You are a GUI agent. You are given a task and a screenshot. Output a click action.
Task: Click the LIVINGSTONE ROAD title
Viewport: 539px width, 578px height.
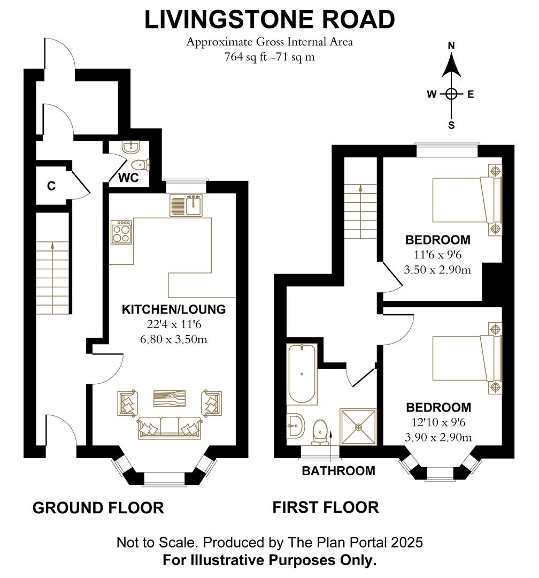pyautogui.click(x=269, y=20)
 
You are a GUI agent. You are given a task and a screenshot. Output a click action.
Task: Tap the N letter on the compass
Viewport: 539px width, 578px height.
pyautogui.click(x=451, y=47)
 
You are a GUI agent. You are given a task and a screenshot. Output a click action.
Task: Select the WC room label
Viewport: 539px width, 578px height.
pyautogui.click(x=129, y=178)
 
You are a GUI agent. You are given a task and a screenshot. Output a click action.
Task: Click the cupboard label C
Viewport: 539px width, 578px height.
pyautogui.click(x=51, y=186)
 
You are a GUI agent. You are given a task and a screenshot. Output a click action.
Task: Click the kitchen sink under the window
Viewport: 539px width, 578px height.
pyautogui.click(x=186, y=206)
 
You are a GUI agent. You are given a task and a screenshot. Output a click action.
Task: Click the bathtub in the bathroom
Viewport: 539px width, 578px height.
pyautogui.click(x=302, y=375)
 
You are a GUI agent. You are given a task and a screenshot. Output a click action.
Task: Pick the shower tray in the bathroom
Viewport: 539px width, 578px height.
pyautogui.click(x=358, y=427)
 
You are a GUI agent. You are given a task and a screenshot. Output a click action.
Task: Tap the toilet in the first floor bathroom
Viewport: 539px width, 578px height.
pyautogui.click(x=320, y=431)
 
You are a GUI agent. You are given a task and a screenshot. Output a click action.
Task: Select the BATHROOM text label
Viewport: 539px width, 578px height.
pyautogui.click(x=338, y=471)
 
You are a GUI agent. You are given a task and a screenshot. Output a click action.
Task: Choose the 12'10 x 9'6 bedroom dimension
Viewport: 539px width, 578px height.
pyautogui.click(x=438, y=423)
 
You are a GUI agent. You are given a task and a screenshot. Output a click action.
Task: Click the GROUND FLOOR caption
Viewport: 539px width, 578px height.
pyautogui.click(x=98, y=507)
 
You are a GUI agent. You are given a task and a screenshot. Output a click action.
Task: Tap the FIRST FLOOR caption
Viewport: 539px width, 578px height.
pyautogui.click(x=326, y=507)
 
